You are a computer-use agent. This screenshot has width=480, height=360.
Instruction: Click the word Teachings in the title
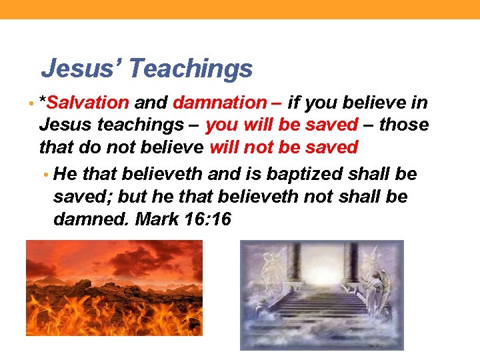tap(191, 68)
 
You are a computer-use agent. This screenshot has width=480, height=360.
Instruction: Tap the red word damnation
tap(219, 103)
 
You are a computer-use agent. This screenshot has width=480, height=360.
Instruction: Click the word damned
tap(91, 219)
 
